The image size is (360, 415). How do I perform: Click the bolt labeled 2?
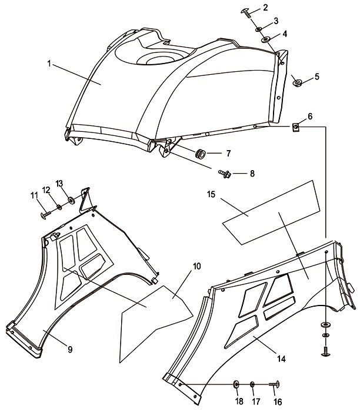[x=247, y=11]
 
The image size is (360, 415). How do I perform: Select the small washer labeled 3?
[x=258, y=28]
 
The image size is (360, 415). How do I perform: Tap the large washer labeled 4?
[x=266, y=39]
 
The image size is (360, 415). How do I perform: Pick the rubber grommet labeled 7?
[x=201, y=154]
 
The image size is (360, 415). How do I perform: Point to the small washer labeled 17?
[x=252, y=384]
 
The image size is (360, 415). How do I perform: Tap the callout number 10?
[x=196, y=266]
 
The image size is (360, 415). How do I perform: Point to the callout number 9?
[x=70, y=350]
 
